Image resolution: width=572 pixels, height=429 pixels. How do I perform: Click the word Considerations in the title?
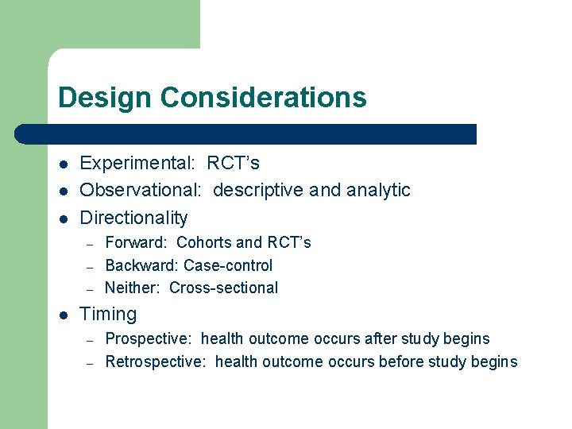(x=263, y=98)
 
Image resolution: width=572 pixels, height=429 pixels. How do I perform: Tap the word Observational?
(x=141, y=191)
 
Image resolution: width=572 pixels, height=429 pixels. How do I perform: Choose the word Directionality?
(x=134, y=218)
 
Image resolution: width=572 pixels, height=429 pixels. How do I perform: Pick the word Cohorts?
(x=204, y=243)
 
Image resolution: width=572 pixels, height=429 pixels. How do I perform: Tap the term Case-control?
(x=228, y=265)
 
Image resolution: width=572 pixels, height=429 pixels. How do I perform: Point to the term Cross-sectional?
(x=223, y=288)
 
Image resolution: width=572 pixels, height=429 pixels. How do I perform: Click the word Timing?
(x=109, y=315)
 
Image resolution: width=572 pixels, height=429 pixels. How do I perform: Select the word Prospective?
(x=149, y=339)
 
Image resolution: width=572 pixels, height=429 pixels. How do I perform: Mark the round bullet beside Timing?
(x=64, y=315)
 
